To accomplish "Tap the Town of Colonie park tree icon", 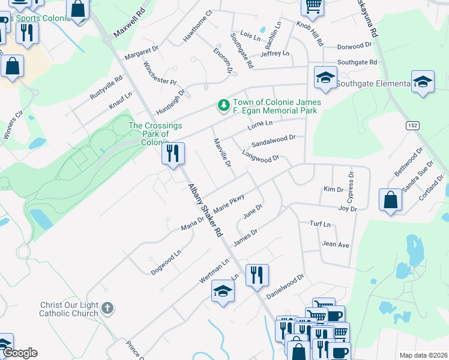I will pyautogui.click(x=224, y=106).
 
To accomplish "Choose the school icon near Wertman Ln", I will pyautogui.click(x=223, y=292).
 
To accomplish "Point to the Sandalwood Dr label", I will pyautogui.click(x=274, y=141).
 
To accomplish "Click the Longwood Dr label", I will pyautogui.click(x=261, y=155).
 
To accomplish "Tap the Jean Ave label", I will pyautogui.click(x=336, y=244).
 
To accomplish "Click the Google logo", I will pyautogui.click(x=20, y=353).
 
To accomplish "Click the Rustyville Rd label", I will pyautogui.click(x=106, y=88).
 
